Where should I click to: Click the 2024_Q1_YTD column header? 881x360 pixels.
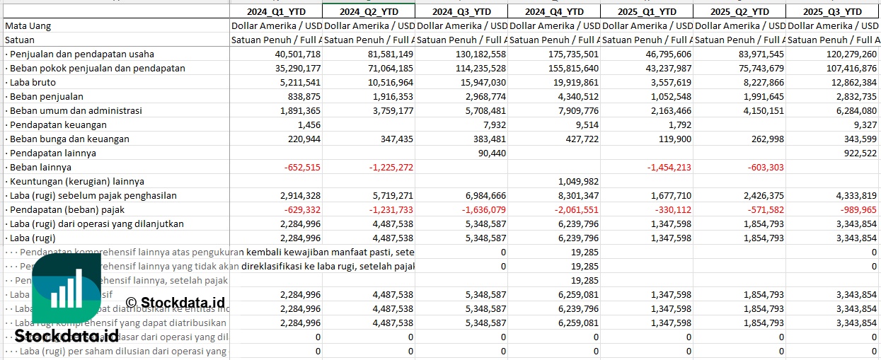276,11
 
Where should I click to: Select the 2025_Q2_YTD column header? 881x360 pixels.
739,11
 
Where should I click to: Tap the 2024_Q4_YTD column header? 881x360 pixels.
554,11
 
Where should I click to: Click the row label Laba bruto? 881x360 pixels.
34,82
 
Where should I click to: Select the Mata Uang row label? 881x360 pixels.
28,25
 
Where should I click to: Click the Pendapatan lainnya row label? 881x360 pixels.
53,153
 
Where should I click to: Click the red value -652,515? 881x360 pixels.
301,167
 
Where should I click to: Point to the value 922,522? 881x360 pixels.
858,153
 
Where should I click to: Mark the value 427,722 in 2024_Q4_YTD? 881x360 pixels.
580,139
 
